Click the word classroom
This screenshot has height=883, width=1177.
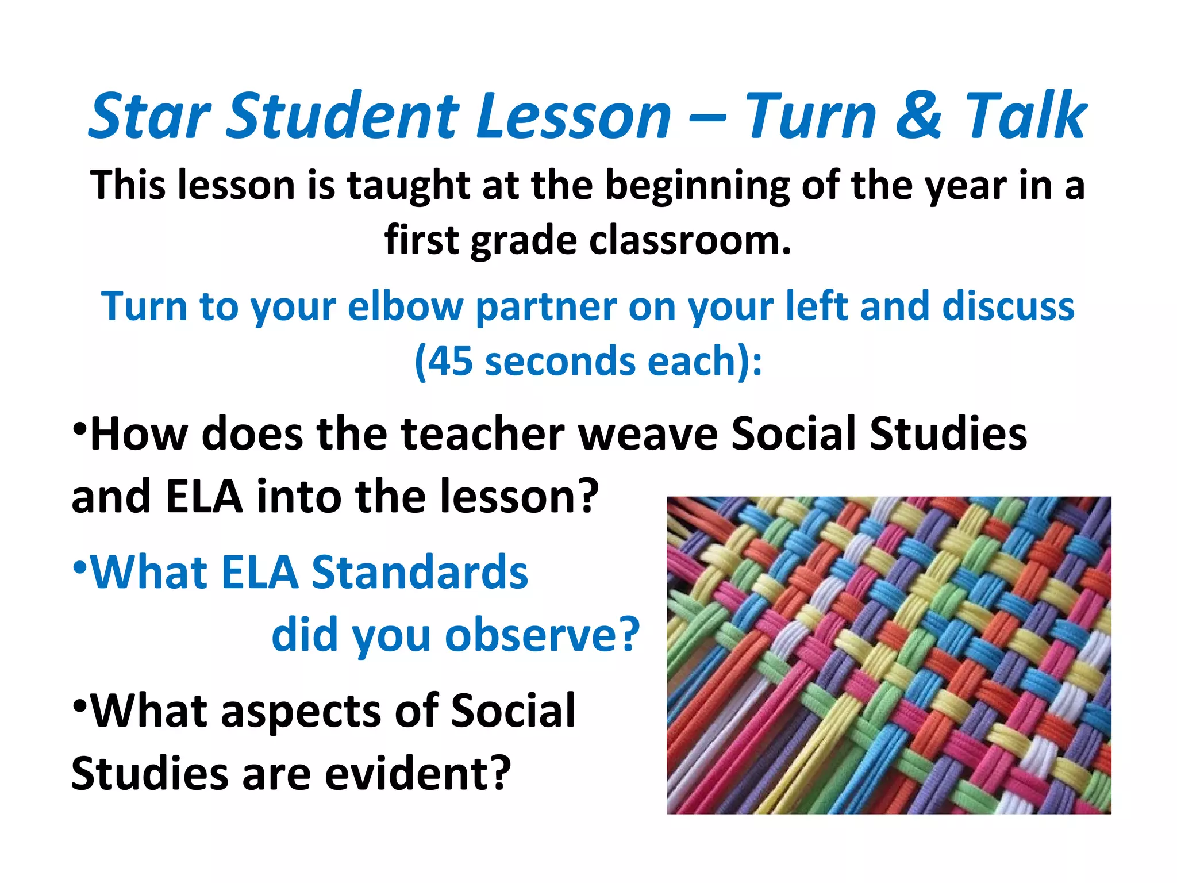tap(690, 240)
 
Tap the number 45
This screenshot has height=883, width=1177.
tap(451, 362)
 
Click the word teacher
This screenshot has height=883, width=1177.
tap(483, 434)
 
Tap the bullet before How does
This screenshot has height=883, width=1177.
tap(80, 428)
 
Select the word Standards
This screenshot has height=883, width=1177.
tap(419, 573)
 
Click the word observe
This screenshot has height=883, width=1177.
tap(543, 636)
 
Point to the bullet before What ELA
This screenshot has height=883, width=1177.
tap(80, 568)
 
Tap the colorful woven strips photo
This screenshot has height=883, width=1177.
tap(888, 655)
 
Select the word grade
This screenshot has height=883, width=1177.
tap(523, 240)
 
